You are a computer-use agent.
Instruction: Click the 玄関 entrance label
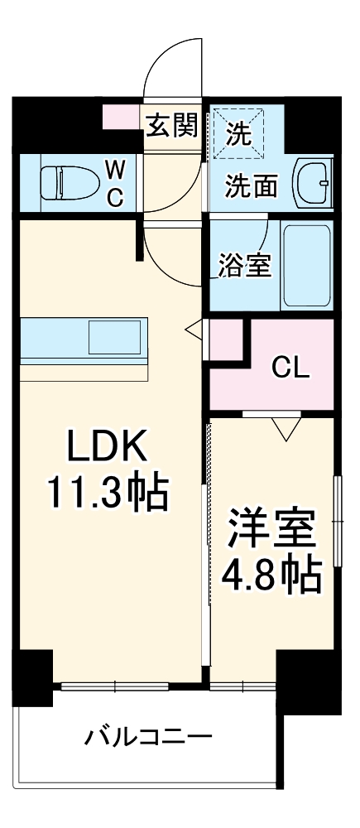pos(172,126)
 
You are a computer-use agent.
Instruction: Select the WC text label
pos(115,184)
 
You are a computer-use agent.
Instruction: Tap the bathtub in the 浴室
pos(306,264)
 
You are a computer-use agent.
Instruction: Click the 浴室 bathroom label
pos(245,267)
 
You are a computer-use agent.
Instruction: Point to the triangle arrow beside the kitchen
pos(193,329)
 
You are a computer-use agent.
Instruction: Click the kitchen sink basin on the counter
pos(115,338)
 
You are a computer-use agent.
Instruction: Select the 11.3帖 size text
pos(107,494)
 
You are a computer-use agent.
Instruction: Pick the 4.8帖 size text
pos(272,573)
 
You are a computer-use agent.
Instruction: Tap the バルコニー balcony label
pos(150,735)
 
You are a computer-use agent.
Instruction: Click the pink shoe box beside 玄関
pos(122,117)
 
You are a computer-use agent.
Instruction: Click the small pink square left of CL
pos(226,339)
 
